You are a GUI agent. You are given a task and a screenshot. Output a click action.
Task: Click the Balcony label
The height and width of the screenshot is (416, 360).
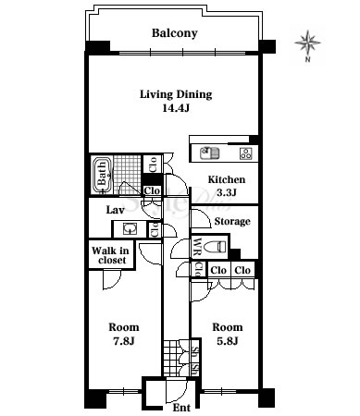[x=175, y=33]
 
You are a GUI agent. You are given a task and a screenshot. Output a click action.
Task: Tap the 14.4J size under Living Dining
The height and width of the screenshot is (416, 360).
[x=176, y=108]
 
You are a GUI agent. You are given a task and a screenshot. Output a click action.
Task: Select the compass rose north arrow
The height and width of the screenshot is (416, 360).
[x=308, y=45]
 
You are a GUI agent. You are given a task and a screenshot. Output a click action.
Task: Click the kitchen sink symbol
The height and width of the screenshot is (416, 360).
[x=210, y=153]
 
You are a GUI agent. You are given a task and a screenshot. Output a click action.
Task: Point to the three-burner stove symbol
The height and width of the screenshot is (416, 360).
[x=246, y=153]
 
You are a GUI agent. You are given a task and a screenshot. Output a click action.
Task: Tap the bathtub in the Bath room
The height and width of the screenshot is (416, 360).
[x=102, y=175]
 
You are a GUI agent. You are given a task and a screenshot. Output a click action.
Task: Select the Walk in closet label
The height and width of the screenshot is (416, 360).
[x=110, y=255]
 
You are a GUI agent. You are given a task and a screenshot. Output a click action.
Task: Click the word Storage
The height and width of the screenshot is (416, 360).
[x=232, y=221]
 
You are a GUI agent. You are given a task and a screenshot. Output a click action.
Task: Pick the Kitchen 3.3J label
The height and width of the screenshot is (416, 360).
[x=227, y=186]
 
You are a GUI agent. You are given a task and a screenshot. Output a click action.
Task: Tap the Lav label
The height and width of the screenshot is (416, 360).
[x=115, y=210]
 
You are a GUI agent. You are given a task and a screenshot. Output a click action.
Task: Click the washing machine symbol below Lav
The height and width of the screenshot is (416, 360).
[x=130, y=229]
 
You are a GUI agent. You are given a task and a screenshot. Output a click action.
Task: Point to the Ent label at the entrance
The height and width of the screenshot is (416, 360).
[x=181, y=408]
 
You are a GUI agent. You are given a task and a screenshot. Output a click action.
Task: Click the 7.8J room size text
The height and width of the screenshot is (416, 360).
[x=124, y=341]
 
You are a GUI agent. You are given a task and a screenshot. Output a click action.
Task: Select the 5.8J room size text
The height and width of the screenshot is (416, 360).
[x=227, y=341]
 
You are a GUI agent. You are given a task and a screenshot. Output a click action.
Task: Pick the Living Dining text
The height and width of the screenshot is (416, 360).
[x=176, y=94]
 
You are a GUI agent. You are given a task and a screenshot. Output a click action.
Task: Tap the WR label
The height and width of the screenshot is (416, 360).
[x=196, y=247]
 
